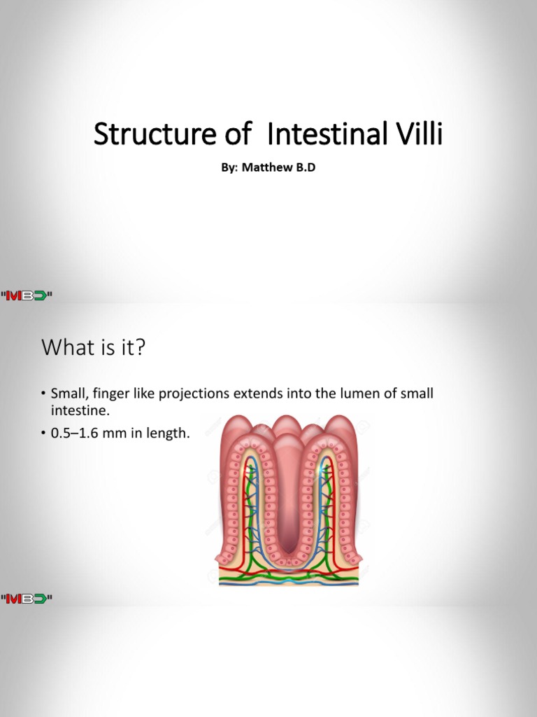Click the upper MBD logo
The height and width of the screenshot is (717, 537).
point(27,296)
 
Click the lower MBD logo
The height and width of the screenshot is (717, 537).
point(27,599)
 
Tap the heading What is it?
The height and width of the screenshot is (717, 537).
point(93,347)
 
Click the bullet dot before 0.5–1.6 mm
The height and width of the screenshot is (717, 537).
point(43,434)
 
